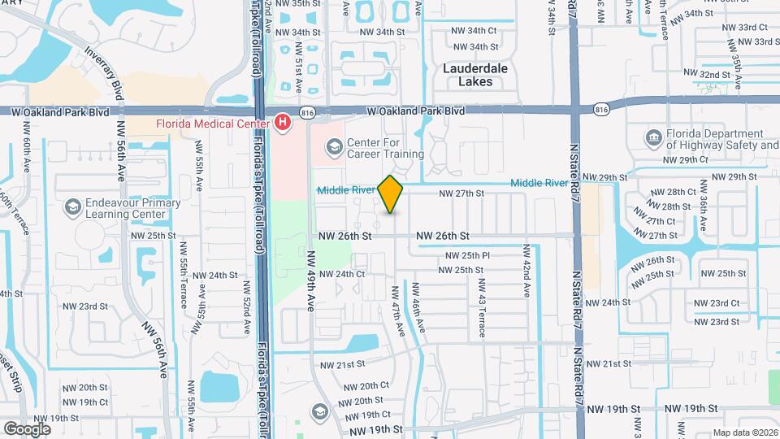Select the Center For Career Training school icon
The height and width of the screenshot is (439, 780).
click(333, 147)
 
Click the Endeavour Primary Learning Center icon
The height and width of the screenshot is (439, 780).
click(73, 208)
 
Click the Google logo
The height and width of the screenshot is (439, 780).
click(27, 428)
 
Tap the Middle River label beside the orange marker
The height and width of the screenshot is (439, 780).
click(346, 189)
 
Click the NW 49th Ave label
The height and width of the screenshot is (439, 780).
click(311, 280)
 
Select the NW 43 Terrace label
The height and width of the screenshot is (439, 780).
click(481, 298)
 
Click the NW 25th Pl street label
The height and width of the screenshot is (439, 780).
click(466, 255)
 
